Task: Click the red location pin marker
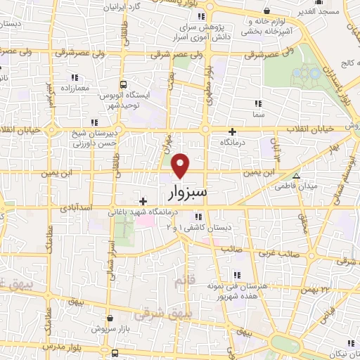181,165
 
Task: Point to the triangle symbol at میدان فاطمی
297,176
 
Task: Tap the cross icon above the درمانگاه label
233,131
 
